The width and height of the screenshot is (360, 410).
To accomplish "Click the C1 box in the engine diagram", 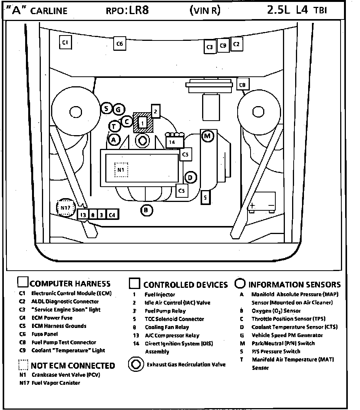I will pyautogui.click(x=65, y=42).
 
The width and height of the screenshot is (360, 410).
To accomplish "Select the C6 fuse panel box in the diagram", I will pyautogui.click(x=119, y=44).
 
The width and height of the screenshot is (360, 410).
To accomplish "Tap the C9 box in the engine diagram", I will pyautogui.click(x=223, y=45).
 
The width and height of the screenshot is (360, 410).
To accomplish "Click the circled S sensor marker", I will pyautogui.click(x=107, y=108).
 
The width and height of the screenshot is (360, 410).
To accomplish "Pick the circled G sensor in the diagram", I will pyautogui.click(x=118, y=110).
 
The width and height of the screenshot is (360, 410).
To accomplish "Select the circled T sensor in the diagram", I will pyautogui.click(x=114, y=126).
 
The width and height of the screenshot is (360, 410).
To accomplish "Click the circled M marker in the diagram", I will pyautogui.click(x=207, y=136).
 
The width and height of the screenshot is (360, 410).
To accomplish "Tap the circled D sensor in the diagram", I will pyautogui.click(x=190, y=177).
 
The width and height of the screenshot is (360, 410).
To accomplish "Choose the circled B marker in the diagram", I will pyautogui.click(x=146, y=210).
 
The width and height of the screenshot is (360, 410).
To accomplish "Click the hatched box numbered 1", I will pyautogui.click(x=143, y=123).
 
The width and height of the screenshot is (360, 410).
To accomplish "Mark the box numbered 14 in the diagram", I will pyautogui.click(x=172, y=142).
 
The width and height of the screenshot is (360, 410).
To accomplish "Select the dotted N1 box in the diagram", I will pyautogui.click(x=121, y=169).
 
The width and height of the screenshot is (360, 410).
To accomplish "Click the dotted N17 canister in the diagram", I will pyautogui.click(x=64, y=208).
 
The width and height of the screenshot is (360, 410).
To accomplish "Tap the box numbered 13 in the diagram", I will pyautogui.click(x=83, y=215).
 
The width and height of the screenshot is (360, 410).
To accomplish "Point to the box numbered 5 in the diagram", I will pyautogui.click(x=206, y=197).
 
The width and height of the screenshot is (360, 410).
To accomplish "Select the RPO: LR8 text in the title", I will pyautogui.click(x=127, y=10).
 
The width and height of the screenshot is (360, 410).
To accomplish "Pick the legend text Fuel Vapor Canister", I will pyautogui.click(x=56, y=383).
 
